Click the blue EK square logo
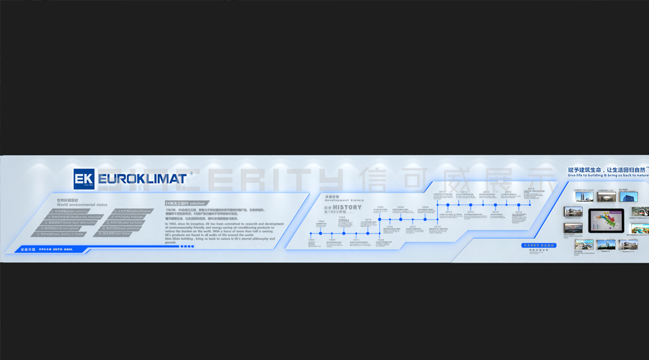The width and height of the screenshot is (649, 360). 85,179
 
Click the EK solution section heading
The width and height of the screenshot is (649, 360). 185,203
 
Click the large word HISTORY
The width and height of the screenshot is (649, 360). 347,208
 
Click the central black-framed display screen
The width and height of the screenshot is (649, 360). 606,222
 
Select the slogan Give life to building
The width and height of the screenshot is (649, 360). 607,175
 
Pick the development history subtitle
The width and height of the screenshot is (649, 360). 345,200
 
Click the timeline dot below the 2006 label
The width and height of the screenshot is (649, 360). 426,219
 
